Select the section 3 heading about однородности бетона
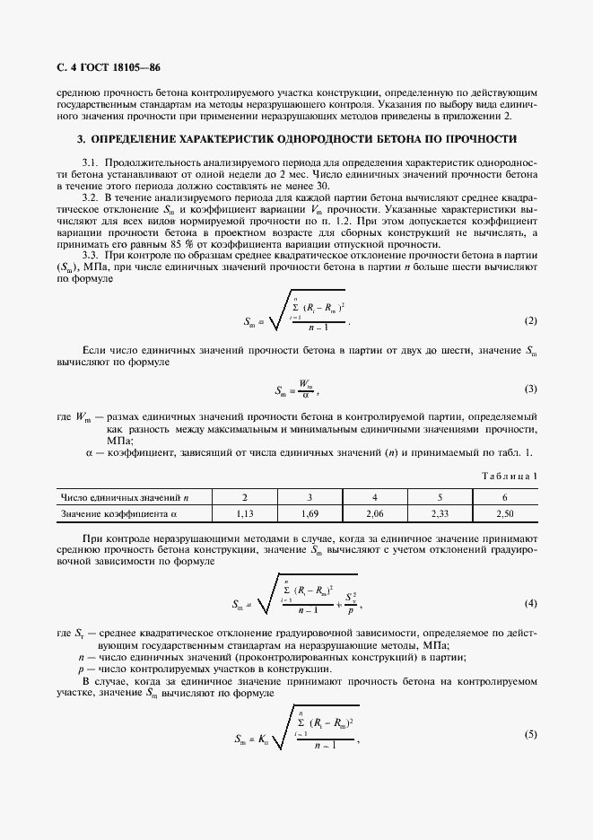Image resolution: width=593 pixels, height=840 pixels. click(x=296, y=139)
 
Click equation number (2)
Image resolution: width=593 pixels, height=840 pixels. click(x=530, y=320)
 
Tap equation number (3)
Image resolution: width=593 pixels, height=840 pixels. click(x=530, y=389)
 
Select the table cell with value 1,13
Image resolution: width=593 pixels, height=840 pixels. click(x=245, y=513)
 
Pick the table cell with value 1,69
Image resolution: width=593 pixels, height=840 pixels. click(x=310, y=513)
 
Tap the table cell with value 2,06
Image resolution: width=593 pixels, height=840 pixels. click(x=375, y=513)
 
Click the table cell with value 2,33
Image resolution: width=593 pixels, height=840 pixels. click(x=440, y=513)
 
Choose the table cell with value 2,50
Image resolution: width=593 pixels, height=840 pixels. click(x=505, y=513)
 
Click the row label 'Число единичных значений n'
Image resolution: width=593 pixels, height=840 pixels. click(x=125, y=496)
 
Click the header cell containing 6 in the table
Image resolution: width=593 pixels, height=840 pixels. click(x=505, y=496)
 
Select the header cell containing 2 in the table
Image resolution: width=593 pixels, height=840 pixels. click(x=245, y=496)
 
